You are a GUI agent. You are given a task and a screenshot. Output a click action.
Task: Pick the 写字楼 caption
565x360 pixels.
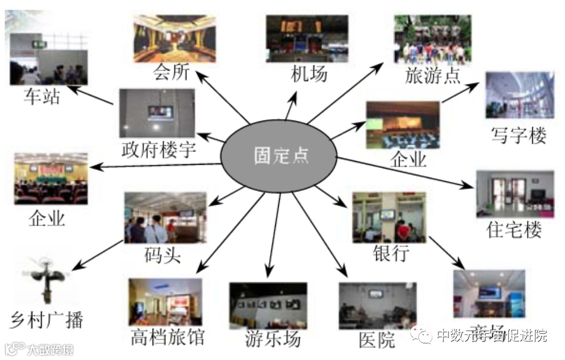point(518,135)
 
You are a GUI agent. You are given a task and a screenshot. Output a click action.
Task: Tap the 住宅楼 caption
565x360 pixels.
point(513,229)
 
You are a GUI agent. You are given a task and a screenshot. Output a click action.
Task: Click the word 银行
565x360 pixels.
point(391,252)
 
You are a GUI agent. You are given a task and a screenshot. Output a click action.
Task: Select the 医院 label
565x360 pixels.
point(377,339)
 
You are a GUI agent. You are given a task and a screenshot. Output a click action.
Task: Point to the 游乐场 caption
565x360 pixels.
point(273,338)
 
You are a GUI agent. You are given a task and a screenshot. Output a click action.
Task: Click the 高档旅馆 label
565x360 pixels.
point(168,337)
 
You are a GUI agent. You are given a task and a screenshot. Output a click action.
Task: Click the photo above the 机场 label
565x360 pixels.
point(307,38)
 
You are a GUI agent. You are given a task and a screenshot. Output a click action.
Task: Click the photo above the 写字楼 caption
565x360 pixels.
point(519,95)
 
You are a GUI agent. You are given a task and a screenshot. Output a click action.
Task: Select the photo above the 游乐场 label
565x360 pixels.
point(268,306)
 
